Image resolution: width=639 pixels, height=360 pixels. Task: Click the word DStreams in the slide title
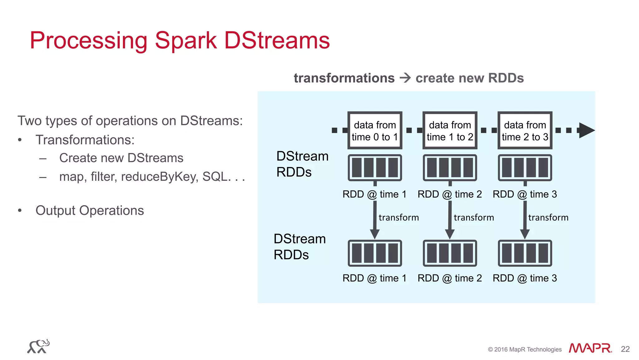(277, 41)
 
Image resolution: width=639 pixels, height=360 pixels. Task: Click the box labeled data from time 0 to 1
(375, 131)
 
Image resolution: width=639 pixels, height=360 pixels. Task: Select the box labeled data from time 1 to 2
(450, 131)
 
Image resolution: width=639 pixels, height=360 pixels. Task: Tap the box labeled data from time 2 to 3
(525, 131)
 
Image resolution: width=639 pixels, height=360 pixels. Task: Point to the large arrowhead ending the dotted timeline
(586, 130)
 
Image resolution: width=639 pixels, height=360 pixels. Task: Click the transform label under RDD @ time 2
(474, 217)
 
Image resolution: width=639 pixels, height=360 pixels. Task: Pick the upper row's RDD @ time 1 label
(374, 194)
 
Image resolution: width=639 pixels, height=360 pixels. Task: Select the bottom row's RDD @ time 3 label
(525, 278)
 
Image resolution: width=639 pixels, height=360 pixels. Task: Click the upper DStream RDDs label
(302, 164)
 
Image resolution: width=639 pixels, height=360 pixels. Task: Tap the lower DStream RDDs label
(299, 247)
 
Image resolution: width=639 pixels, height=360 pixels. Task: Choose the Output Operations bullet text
(90, 210)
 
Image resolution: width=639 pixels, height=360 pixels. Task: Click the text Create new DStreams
(121, 158)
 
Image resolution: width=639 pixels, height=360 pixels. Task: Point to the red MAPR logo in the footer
(590, 348)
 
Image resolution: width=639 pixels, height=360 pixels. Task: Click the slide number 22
(625, 349)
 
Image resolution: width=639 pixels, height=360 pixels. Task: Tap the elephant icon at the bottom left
(38, 347)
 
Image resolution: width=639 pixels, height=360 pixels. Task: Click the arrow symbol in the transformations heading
(405, 78)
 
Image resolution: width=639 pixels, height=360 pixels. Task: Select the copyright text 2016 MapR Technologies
(525, 349)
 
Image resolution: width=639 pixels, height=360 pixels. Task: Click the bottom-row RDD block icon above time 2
(450, 253)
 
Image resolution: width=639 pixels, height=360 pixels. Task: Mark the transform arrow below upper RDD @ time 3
(525, 220)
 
